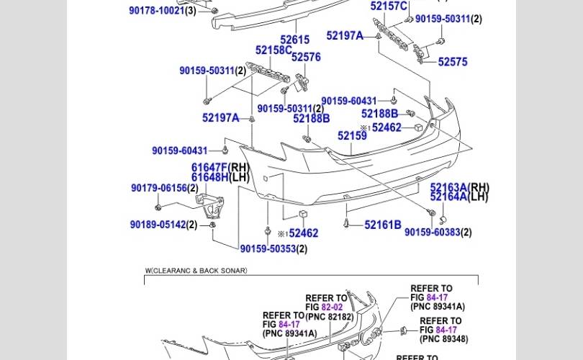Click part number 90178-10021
tap(156, 10)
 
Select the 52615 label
tap(295, 40)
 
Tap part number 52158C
tap(274, 50)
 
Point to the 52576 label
tap(306, 57)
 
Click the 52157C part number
tap(389, 6)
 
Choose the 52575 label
tap(453, 62)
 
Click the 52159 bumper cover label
tap(352, 136)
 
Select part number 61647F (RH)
tap(220, 167)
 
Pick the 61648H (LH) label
tap(220, 177)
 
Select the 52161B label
tap(383, 225)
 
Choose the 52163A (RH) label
tap(459, 187)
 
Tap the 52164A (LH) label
tap(458, 197)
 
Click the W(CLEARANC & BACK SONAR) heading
tap(196, 271)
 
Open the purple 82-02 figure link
tap(332, 307)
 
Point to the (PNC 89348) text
tap(444, 339)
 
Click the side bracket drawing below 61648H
tap(210, 208)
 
